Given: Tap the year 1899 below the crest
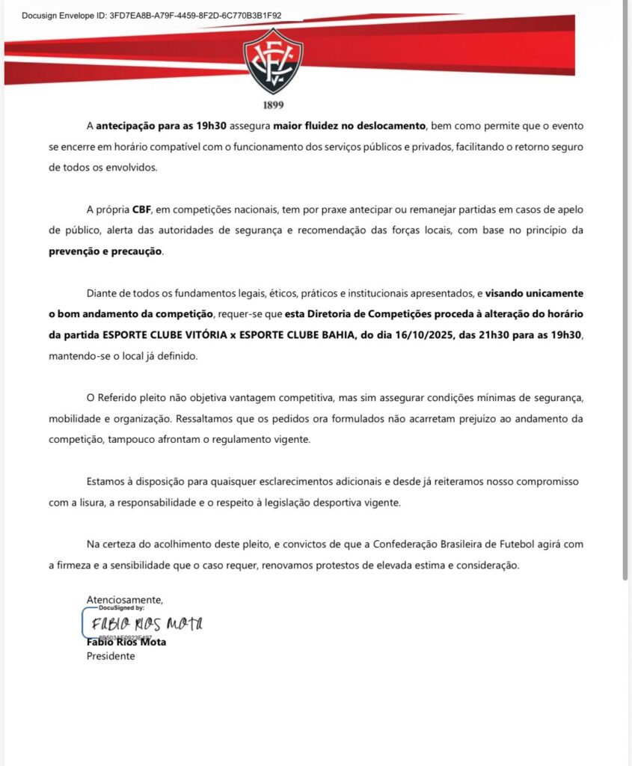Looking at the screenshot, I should tap(273, 105).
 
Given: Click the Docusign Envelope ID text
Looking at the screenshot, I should tap(151, 15).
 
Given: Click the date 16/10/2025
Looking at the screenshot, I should tap(420, 335).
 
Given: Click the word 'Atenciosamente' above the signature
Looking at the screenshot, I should tap(124, 599).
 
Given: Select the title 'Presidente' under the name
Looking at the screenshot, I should tap(111, 656).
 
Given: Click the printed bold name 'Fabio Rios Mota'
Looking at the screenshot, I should tap(126, 643).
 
